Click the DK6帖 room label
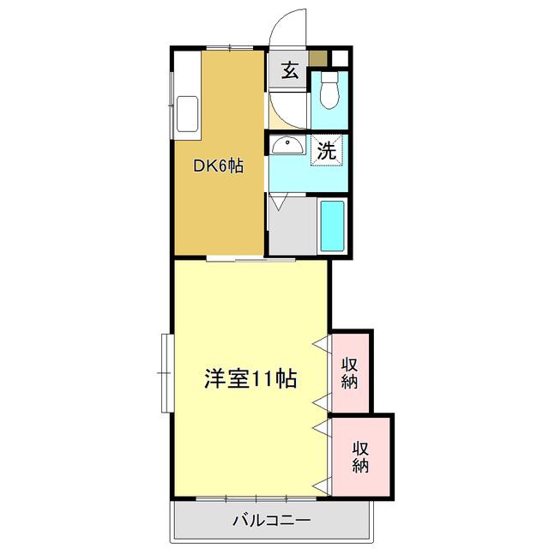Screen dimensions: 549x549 [218, 166]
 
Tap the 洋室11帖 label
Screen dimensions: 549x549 [250, 378]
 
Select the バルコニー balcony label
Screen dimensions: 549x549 [272, 520]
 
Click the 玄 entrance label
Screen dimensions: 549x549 [290, 70]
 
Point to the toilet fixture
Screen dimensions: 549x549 [329, 90]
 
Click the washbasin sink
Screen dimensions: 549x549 [288, 145]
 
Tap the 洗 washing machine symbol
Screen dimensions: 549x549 [327, 151]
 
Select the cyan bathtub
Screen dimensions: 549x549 [332, 226]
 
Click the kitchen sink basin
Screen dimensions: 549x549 [187, 114]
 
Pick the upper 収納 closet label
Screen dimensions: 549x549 [350, 373]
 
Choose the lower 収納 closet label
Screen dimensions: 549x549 [360, 457]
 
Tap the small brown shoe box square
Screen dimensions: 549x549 [318, 58]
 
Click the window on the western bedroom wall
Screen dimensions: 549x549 [167, 373]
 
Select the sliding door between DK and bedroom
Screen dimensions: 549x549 [250, 259]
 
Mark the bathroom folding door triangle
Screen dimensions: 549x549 [278, 202]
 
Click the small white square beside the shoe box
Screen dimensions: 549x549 [340, 58]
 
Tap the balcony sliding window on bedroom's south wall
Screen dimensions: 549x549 [256, 498]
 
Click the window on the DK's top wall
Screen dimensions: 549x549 [230, 48]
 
